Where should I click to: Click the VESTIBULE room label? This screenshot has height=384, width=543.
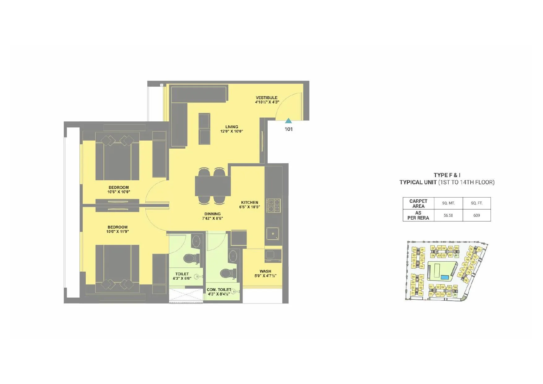(x=266, y=98)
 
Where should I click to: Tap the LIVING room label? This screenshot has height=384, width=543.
(x=231, y=127)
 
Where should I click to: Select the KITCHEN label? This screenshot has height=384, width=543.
(x=249, y=203)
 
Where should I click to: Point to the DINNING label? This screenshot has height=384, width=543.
(x=212, y=214)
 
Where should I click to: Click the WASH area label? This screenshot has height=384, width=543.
(x=265, y=271)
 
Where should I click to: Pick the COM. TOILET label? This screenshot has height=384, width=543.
(x=219, y=290)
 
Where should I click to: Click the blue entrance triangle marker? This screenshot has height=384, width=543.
(x=288, y=121)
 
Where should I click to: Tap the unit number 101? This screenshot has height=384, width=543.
(x=288, y=129)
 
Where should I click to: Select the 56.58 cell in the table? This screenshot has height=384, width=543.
(x=448, y=215)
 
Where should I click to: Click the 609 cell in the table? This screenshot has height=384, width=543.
(x=476, y=215)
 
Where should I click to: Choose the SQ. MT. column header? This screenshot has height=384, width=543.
(x=448, y=203)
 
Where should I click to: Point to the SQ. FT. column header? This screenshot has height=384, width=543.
(x=476, y=203)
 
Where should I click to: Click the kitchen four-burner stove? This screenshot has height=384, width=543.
(x=273, y=205)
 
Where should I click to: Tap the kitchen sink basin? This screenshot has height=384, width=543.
(x=273, y=234)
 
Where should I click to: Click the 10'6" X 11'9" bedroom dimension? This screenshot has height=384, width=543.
(x=117, y=231)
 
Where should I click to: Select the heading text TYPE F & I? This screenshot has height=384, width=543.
(x=447, y=175)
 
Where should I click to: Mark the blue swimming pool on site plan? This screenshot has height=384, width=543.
(x=444, y=277)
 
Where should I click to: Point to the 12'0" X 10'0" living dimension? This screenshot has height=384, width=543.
(x=231, y=131)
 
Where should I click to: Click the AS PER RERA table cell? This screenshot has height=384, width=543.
(x=418, y=215)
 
